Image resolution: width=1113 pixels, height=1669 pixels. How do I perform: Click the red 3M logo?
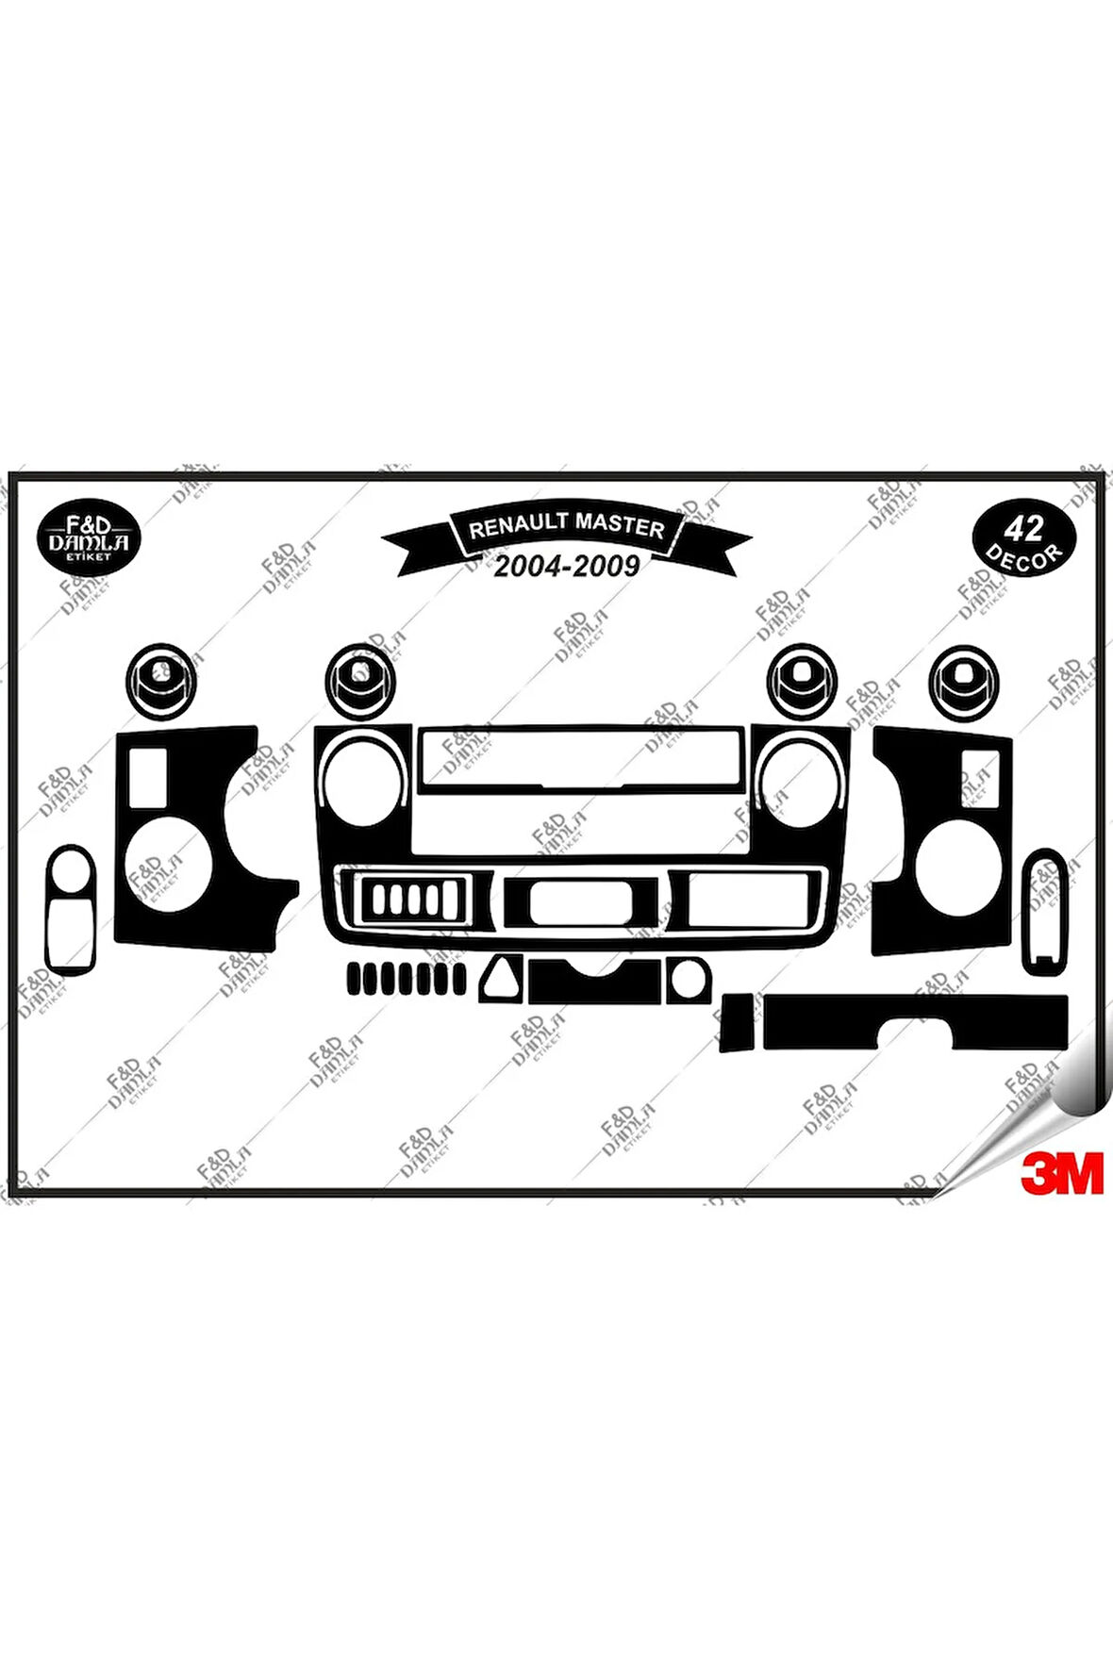click(1061, 1173)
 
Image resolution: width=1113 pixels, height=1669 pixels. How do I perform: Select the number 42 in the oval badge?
click(1023, 528)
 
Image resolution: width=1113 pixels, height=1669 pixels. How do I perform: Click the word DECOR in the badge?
click(1023, 557)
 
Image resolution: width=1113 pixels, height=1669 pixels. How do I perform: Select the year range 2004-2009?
click(567, 566)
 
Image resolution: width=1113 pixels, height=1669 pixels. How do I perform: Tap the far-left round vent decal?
click(162, 681)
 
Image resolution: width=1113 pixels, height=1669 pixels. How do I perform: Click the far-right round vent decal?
click(963, 682)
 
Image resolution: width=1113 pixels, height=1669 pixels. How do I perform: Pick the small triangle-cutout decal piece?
click(501, 979)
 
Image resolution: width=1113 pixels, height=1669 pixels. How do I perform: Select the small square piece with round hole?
click(688, 981)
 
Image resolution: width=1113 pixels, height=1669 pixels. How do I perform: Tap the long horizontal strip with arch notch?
click(915, 1020)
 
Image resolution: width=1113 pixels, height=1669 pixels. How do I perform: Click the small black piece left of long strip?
click(737, 1022)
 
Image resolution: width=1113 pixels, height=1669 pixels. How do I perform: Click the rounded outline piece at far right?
click(1045, 911)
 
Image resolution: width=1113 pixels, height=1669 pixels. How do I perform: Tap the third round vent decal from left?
click(802, 681)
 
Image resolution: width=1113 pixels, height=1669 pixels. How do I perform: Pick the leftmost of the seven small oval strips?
click(355, 979)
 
